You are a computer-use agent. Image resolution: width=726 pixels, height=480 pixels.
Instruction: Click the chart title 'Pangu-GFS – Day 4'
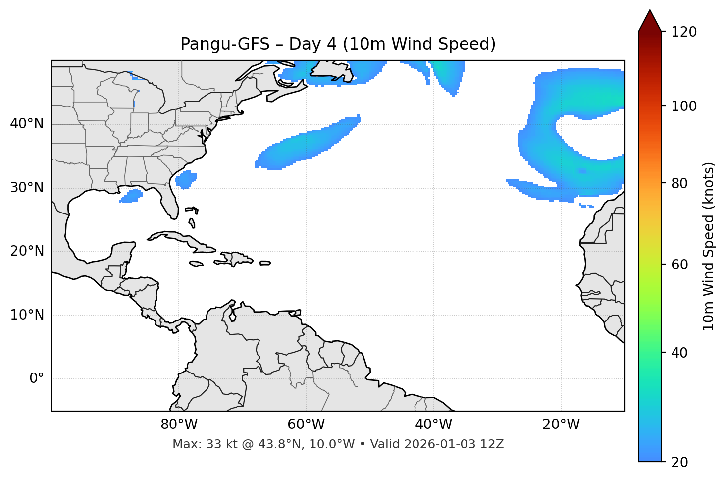(x=338, y=44)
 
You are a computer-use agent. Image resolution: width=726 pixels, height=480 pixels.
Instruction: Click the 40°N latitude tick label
(x=27, y=124)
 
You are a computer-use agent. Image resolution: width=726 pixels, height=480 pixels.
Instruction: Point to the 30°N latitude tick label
(x=27, y=188)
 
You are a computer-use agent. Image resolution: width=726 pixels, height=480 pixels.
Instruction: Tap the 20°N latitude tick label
(x=27, y=251)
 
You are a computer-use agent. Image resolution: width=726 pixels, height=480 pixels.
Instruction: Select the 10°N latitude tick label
(x=27, y=315)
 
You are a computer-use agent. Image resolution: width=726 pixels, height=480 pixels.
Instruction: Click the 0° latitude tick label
(x=37, y=379)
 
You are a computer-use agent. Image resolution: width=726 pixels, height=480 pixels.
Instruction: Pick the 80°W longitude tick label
(x=179, y=425)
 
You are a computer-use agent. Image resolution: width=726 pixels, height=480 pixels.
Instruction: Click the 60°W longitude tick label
(x=306, y=425)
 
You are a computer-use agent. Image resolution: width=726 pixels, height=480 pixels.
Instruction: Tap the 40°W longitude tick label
(x=433, y=425)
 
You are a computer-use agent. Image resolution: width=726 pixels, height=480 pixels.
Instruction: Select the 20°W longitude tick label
(x=561, y=425)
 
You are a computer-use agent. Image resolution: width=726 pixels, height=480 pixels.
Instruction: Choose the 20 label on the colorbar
(x=679, y=462)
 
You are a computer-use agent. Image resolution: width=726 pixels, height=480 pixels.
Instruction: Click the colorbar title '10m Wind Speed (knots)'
(x=709, y=246)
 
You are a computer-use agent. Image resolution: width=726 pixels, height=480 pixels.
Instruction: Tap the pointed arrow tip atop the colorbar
(x=650, y=12)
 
